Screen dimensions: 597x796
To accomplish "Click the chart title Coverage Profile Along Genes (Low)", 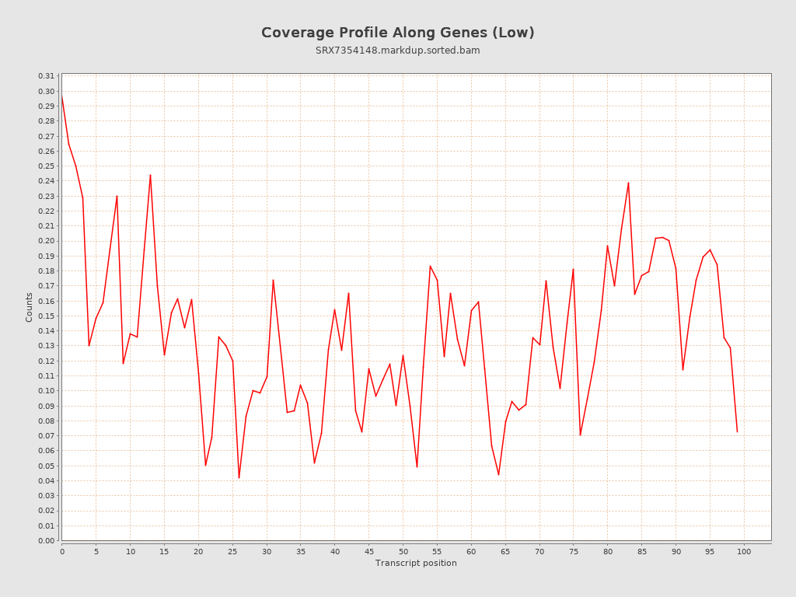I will (397, 33).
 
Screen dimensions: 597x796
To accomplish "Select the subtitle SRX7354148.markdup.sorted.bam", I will (397, 51).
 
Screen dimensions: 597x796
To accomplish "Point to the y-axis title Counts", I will (30, 307).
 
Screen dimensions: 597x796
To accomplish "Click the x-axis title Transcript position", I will (416, 563).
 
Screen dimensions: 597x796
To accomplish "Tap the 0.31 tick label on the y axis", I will (47, 76).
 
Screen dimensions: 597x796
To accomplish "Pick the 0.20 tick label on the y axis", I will (47, 241).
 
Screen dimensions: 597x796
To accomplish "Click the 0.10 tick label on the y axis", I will (47, 391).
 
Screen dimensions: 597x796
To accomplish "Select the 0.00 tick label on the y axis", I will (47, 540).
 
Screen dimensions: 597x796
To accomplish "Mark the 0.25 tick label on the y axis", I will (47, 166).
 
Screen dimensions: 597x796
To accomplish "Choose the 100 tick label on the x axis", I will (744, 551).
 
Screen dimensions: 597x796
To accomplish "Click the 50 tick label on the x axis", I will (403, 551).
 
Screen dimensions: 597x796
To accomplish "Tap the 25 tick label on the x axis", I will (232, 551).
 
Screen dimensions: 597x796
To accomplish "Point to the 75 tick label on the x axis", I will (573, 551).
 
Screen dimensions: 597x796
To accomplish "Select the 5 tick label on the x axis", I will (96, 551).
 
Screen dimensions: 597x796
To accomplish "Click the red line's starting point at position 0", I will (62, 96).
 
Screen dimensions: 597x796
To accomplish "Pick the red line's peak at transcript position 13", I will (150, 175).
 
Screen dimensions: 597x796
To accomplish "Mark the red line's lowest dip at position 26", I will (239, 477).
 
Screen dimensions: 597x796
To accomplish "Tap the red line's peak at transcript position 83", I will (628, 183).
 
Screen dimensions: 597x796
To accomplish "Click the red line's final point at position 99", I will (737, 431).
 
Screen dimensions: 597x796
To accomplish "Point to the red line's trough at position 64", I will (498, 474).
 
